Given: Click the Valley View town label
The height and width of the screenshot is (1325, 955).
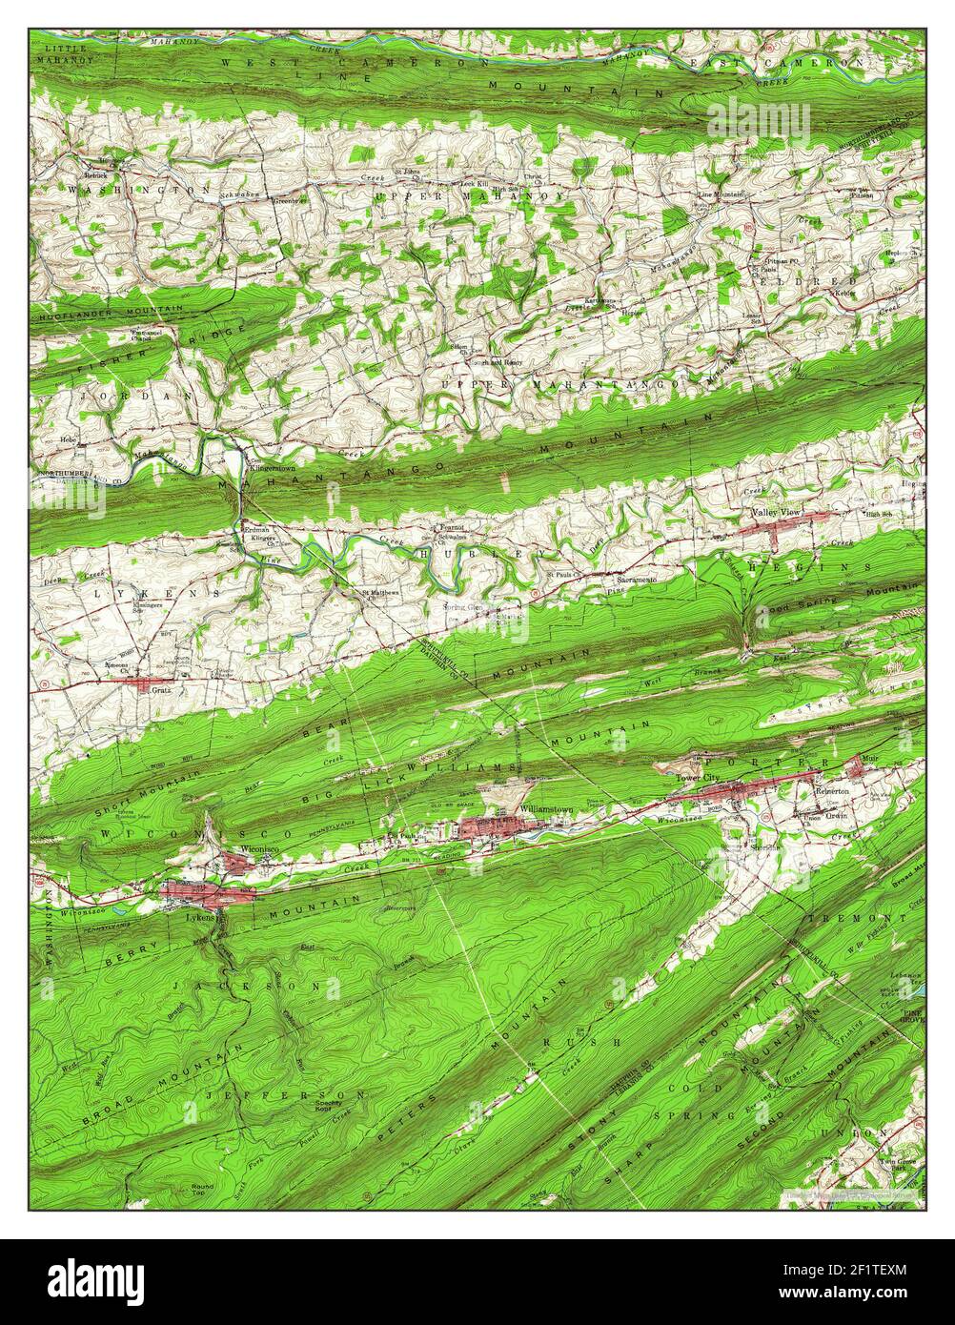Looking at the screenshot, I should point(778,513).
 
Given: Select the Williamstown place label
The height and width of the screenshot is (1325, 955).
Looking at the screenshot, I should point(547,809).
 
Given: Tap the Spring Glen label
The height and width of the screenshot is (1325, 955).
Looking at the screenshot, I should point(463,607).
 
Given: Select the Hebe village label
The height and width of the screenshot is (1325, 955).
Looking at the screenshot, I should point(68,440).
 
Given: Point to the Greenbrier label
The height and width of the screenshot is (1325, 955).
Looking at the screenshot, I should point(288,201).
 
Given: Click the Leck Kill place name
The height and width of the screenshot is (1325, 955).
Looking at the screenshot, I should point(474,182).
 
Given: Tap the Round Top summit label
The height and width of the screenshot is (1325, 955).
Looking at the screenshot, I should point(202,1189).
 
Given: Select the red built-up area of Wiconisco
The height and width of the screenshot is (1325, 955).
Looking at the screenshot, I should point(240,863).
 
